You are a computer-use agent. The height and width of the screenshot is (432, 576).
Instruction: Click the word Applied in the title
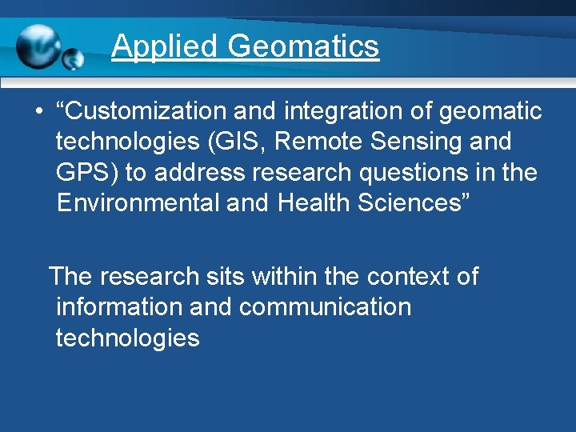click(164, 46)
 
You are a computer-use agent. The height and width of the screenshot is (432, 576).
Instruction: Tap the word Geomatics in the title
click(303, 46)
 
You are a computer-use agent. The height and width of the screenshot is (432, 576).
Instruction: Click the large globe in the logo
click(38, 46)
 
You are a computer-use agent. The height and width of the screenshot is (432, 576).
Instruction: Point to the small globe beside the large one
click(73, 58)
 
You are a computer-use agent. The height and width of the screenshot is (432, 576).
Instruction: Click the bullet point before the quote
click(38, 112)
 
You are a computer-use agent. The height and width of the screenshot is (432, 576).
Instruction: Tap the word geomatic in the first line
click(489, 112)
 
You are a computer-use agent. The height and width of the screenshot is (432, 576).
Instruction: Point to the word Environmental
click(138, 202)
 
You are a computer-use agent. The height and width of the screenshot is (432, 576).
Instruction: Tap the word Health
click(318, 202)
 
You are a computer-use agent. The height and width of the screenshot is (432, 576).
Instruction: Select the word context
click(404, 276)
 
